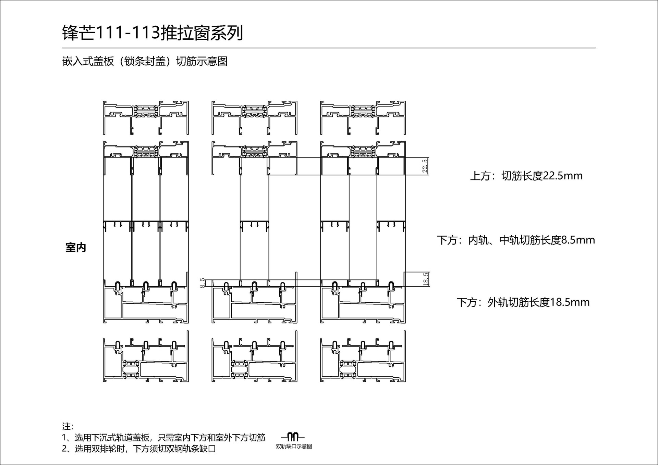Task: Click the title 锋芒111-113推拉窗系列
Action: (153, 33)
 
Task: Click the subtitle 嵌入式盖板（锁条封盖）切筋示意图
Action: (145, 62)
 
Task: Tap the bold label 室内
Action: (76, 248)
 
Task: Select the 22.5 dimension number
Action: (425, 166)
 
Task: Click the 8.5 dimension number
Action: (203, 283)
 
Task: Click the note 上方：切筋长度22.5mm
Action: (526, 176)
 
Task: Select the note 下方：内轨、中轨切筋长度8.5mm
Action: (516, 240)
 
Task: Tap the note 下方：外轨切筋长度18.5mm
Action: (523, 302)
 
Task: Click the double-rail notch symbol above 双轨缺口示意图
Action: (293, 437)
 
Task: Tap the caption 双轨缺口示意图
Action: (294, 447)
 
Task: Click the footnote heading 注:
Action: (68, 426)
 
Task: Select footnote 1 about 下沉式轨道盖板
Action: (163, 438)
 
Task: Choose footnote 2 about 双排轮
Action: (139, 449)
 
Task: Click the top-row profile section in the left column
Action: (146, 117)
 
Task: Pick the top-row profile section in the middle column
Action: (254, 117)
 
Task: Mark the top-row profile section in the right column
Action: (363, 117)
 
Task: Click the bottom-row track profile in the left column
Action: (146, 357)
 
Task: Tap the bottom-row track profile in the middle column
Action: (254, 357)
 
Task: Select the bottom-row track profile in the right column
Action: (363, 357)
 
